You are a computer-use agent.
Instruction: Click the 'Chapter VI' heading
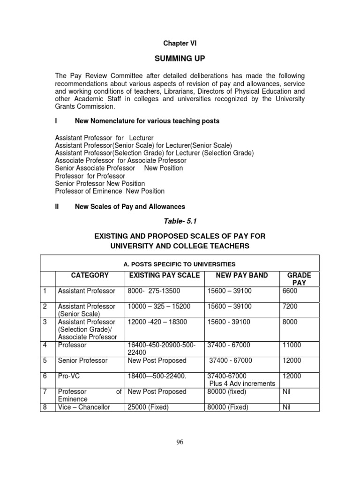coord(180,43)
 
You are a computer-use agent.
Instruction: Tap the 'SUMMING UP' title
coord(180,59)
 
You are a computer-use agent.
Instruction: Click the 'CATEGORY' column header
coord(90,275)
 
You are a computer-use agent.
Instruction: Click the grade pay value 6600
coord(290,291)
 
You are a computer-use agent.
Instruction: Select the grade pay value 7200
coord(290,306)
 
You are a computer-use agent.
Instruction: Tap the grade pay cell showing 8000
coord(290,322)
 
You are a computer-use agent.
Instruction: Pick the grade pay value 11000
coord(291,345)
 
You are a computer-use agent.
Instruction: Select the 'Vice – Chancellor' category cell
coord(84,407)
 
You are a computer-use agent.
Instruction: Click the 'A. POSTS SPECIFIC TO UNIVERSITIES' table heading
coord(180,264)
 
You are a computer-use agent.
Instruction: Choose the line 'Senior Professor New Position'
coord(100,183)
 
